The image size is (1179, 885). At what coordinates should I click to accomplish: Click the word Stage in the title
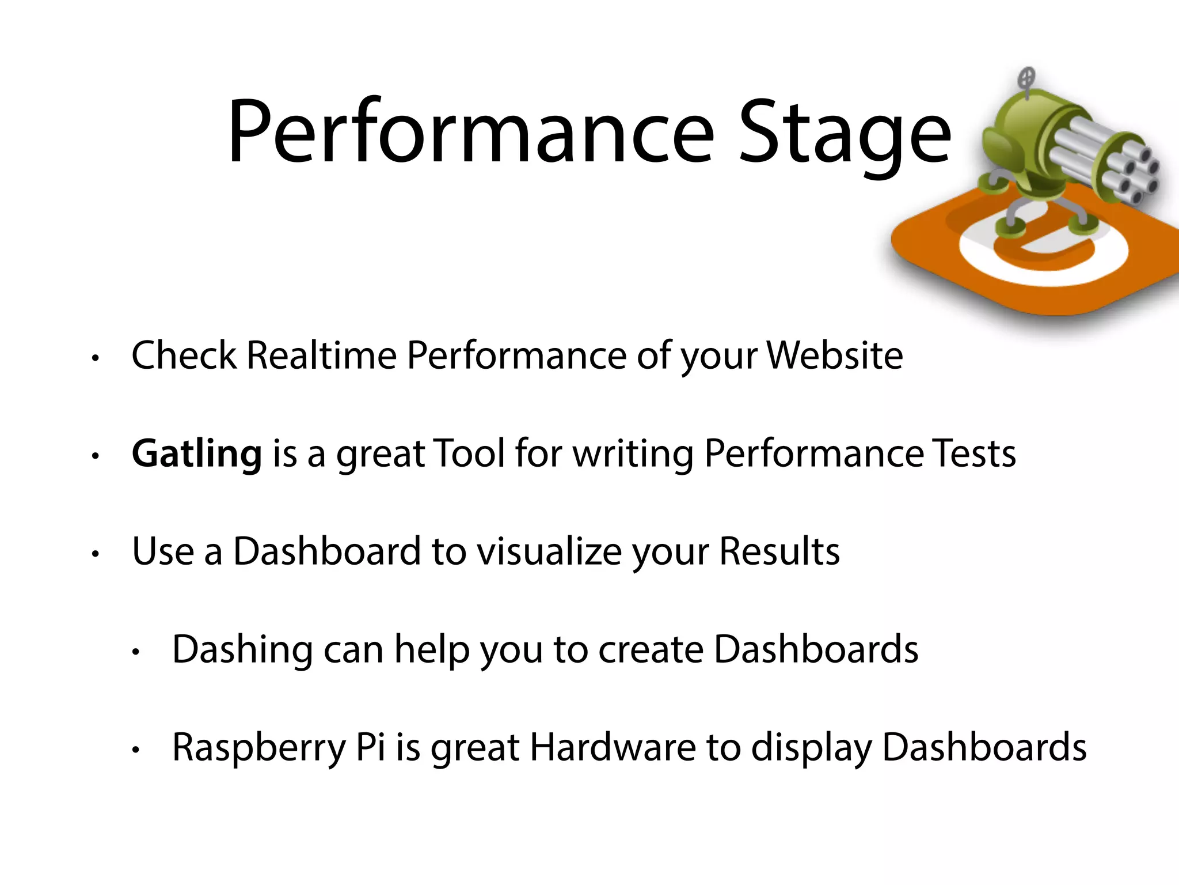point(845,135)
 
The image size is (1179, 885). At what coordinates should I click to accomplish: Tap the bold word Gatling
point(197,454)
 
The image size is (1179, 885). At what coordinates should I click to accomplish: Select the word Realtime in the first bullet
point(321,355)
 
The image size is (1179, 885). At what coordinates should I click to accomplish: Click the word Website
point(835,355)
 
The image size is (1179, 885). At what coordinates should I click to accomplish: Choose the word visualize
point(549,551)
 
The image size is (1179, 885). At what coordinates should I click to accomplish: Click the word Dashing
point(242,650)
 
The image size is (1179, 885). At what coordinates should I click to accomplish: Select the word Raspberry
point(259,748)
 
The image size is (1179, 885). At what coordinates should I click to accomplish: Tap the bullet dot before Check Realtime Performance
point(96,358)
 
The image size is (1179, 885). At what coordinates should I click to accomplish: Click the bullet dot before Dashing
point(136,653)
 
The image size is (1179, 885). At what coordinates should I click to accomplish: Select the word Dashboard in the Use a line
point(327,551)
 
